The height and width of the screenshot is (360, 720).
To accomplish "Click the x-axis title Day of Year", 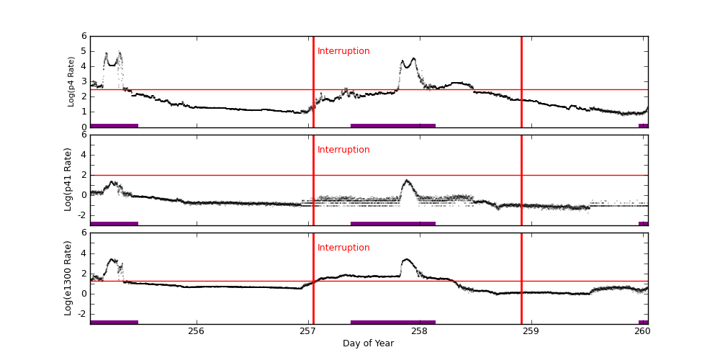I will [x=368, y=343].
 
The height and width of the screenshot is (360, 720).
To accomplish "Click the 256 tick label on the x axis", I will [x=196, y=331].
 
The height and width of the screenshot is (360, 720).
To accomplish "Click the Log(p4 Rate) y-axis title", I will [x=71, y=81].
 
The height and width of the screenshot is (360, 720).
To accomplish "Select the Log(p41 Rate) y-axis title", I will [x=68, y=179].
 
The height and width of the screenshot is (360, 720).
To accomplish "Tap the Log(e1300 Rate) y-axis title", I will [x=68, y=278].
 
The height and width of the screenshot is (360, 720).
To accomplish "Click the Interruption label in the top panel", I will [x=343, y=51].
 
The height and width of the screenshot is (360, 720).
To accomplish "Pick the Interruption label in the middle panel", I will [x=343, y=150].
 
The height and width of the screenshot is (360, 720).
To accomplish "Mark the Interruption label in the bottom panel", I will [x=343, y=248].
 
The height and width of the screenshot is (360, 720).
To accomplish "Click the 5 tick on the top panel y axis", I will [x=84, y=51].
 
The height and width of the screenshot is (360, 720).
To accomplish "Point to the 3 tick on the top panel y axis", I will [x=84, y=81].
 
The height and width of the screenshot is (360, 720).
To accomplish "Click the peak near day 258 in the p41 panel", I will [x=406, y=180].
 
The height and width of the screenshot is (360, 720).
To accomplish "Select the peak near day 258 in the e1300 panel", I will [x=406, y=259].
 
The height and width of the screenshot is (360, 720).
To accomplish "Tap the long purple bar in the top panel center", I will [x=393, y=125].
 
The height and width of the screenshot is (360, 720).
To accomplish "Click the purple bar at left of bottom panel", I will [x=114, y=322].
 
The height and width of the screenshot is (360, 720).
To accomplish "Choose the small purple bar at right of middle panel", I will [x=643, y=223].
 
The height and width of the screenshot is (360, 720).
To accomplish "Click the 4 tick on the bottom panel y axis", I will [x=84, y=253].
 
